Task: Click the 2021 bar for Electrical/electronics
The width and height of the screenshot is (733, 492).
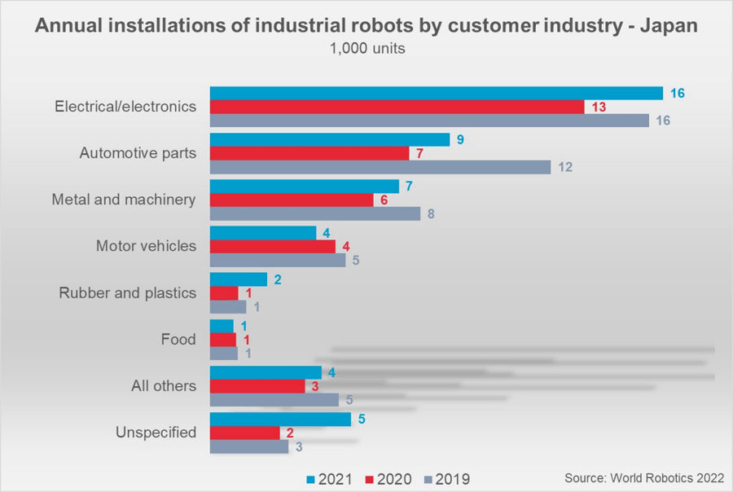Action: [x=436, y=93]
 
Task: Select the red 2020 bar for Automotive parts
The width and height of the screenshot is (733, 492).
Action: [x=309, y=153]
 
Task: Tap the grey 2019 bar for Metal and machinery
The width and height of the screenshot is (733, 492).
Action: [x=315, y=213]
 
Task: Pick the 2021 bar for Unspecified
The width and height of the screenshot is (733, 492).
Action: [x=280, y=419]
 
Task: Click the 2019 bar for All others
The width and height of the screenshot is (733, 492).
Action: [x=274, y=400]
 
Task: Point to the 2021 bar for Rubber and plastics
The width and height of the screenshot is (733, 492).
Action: [x=239, y=279]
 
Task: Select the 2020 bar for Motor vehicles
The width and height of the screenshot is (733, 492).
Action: [x=273, y=246]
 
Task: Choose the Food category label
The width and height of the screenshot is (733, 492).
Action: [x=179, y=339]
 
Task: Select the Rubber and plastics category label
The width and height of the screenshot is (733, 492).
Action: [x=128, y=292]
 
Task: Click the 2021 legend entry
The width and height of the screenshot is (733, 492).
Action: [x=330, y=479]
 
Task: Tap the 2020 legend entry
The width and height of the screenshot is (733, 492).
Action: [x=389, y=479]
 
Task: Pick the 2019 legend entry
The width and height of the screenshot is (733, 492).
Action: [x=449, y=479]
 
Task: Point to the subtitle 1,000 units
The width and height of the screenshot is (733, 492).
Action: [x=367, y=49]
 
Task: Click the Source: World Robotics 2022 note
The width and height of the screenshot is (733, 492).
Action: [x=643, y=477]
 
